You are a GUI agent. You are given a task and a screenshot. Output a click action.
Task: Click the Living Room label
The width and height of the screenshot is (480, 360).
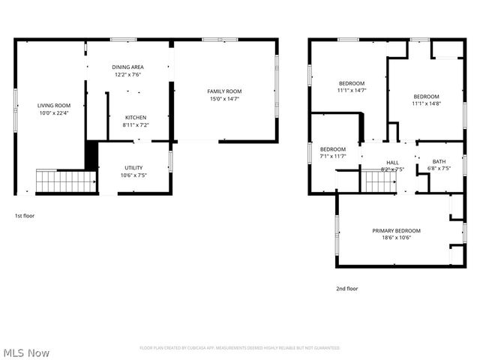pyautogui.click(x=54, y=106)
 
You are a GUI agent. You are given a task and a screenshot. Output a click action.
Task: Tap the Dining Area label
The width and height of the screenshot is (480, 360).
pyautogui.click(x=127, y=67)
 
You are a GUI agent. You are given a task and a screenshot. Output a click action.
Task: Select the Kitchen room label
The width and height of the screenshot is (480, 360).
pyautogui.click(x=136, y=117)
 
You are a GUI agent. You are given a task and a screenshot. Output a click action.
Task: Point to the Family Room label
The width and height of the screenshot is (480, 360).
pyautogui.click(x=224, y=91)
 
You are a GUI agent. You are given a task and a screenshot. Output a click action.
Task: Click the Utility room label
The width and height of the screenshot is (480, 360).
pyautogui.click(x=134, y=168)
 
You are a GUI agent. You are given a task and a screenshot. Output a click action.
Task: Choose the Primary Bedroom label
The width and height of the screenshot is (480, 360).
pyautogui.click(x=396, y=230)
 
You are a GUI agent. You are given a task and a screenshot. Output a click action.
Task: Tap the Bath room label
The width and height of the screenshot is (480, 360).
pyautogui.click(x=439, y=161)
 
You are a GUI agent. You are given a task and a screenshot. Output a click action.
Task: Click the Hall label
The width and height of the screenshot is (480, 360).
pyautogui.click(x=393, y=162)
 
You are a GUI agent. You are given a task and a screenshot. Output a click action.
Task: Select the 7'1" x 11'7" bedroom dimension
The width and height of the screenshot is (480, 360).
pyautogui.click(x=333, y=156)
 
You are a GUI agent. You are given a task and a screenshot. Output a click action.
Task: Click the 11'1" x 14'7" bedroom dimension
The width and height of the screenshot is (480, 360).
pyautogui.click(x=352, y=90)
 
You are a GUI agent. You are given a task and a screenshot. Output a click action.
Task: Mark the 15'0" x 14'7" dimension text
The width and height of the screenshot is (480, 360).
pyautogui.click(x=224, y=98)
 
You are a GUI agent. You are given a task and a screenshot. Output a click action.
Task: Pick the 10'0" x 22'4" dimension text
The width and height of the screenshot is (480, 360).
pyautogui.click(x=54, y=113)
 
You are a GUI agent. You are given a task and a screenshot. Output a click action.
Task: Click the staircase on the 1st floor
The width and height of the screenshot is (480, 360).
pyautogui.click(x=67, y=181)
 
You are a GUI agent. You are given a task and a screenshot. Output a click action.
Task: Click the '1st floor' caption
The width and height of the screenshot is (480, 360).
pyautogui.click(x=25, y=216)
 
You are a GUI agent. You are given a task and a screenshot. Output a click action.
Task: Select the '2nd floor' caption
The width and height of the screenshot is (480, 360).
pyautogui.click(x=347, y=288)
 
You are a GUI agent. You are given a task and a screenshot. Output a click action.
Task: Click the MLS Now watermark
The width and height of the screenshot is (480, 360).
pyautogui.click(x=26, y=352)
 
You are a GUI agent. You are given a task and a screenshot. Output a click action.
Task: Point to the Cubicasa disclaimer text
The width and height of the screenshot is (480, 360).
pyautogui.click(x=240, y=348)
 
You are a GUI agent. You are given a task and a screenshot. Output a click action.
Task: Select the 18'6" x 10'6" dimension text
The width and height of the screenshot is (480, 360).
pyautogui.click(x=396, y=238)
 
